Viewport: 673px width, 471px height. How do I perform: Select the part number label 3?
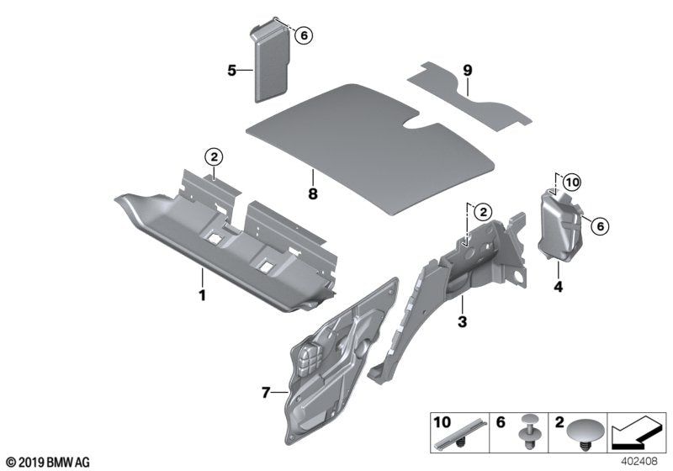pyautogui.click(x=461, y=322)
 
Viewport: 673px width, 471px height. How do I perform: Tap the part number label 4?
pyautogui.click(x=558, y=287)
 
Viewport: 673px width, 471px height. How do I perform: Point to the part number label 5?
pyautogui.click(x=231, y=71)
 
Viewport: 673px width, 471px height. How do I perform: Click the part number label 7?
pyautogui.click(x=267, y=393)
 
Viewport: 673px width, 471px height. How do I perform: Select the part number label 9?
pyautogui.click(x=469, y=70)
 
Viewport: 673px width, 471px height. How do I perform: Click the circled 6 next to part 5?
pyautogui.click(x=304, y=34)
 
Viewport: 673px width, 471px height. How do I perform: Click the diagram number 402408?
pyautogui.click(x=639, y=461)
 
